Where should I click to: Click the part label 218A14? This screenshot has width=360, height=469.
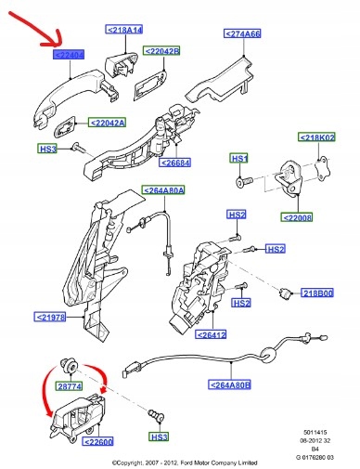click(x=123, y=30)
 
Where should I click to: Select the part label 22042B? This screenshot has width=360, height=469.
click(x=164, y=50)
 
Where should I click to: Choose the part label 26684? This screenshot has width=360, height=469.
click(x=175, y=163)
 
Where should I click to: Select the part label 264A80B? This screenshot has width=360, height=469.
click(x=228, y=384)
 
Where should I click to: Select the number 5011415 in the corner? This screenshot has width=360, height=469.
click(x=317, y=434)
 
